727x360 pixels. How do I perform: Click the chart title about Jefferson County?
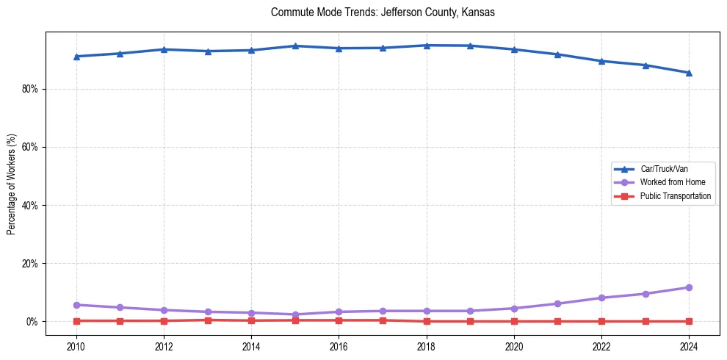click(x=383, y=12)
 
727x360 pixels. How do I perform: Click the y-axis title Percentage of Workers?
click(x=12, y=184)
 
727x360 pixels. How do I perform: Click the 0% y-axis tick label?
click(x=32, y=322)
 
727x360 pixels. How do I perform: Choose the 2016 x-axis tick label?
click(x=339, y=345)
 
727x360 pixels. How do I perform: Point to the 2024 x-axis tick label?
click(x=689, y=345)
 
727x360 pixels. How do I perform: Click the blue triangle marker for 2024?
click(x=689, y=73)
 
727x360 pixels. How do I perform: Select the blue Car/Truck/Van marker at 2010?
click(x=76, y=57)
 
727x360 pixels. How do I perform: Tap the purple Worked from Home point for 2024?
click(x=689, y=287)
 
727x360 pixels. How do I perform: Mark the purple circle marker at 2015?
click(x=295, y=314)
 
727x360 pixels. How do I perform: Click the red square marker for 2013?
click(x=208, y=320)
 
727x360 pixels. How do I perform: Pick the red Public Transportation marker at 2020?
click(x=514, y=321)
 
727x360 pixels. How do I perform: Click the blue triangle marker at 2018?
click(x=427, y=46)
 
